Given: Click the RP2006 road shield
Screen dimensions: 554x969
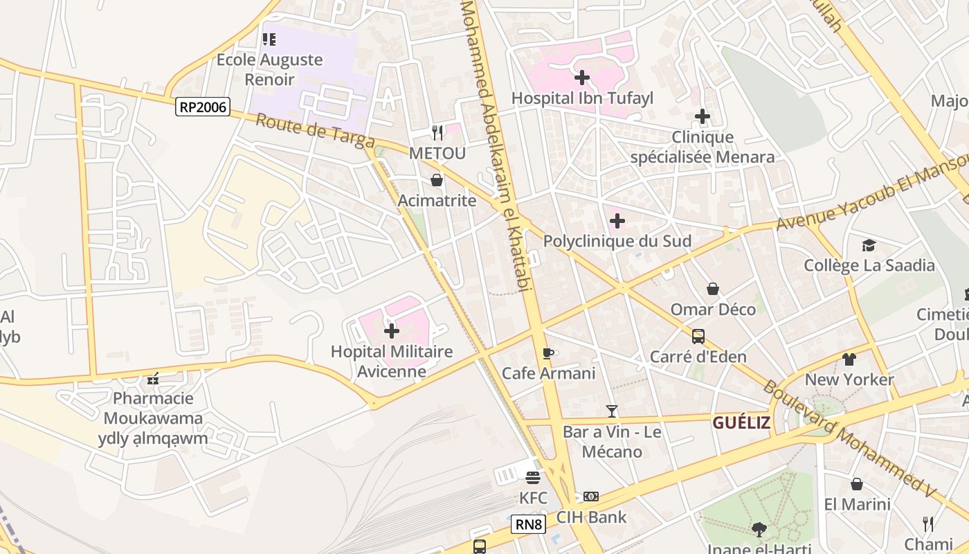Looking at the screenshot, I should (x=202, y=107).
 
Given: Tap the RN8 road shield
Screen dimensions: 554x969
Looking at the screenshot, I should (x=529, y=524).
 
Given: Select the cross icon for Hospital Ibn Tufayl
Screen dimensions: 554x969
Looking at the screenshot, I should (x=582, y=78).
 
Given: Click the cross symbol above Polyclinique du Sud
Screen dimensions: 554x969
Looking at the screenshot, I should (x=617, y=222).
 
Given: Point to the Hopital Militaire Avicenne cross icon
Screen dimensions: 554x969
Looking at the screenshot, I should (x=392, y=331).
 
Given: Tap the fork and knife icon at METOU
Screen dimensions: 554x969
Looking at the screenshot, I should (x=437, y=132).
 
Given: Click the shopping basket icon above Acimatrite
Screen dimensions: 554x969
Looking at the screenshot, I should (x=437, y=181).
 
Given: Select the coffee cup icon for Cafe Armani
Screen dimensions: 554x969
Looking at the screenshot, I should (x=548, y=354).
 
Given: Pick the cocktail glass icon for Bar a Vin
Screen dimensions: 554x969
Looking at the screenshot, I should (x=612, y=411).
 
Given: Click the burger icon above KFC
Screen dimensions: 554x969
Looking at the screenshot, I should (x=533, y=478).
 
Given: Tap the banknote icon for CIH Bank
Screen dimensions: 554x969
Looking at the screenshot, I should (x=591, y=497).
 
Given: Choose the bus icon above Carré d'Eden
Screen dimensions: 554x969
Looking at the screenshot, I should (x=698, y=337).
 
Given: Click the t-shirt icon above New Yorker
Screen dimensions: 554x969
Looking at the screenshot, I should (x=849, y=359).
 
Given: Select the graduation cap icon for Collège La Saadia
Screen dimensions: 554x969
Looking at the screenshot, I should (x=869, y=245).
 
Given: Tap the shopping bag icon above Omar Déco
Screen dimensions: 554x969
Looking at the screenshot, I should (x=713, y=289).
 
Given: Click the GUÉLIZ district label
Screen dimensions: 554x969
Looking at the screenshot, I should (x=741, y=422).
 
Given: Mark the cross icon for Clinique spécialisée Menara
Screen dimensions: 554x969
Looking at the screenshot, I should (x=703, y=116).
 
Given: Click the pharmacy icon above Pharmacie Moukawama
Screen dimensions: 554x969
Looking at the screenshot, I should (x=153, y=379).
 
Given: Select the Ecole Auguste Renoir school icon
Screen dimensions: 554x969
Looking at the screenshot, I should (x=269, y=39).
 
